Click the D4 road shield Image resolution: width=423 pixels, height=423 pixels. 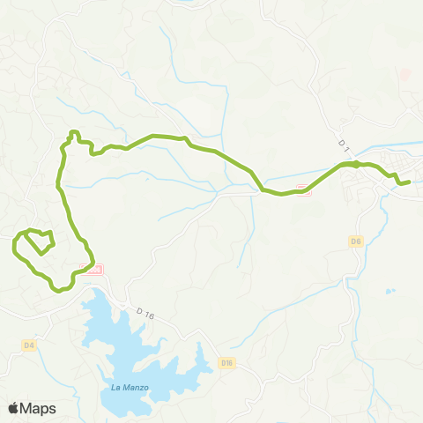tap(28, 345)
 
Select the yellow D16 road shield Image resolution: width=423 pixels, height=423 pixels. tap(226, 362)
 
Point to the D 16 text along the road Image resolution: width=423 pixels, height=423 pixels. tap(145, 312)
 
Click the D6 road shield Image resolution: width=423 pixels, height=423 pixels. tap(356, 241)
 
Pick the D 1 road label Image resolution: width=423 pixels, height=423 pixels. tap(345, 142)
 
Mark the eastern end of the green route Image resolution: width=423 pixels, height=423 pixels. tap(409, 182)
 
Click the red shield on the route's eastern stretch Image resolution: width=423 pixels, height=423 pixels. tap(304, 187)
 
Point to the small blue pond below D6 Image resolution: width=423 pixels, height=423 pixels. tap(390, 291)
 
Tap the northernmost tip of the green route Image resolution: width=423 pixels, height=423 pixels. tap(74, 132)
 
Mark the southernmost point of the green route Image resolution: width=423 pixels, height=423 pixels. tap(58, 289)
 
